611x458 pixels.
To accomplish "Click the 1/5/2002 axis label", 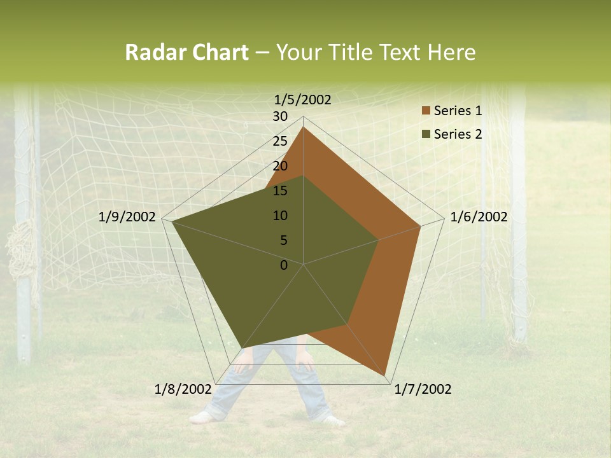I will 302,100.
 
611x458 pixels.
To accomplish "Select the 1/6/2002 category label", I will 479,217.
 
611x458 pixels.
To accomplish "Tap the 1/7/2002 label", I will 423,389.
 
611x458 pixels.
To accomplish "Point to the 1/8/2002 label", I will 183,389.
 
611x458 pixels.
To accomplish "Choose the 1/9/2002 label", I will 127,217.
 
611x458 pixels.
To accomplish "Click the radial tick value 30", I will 280,116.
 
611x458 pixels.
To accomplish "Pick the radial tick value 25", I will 280,141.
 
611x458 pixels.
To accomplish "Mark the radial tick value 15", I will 280,191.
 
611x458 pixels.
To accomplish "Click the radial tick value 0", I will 284,265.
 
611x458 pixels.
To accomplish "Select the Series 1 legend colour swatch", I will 426,111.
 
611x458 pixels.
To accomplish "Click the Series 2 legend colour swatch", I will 426,134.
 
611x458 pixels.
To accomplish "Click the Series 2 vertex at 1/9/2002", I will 172,222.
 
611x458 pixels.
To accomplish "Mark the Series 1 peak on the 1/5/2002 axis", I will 303,127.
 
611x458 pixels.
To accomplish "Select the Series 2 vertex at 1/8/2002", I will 242,347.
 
